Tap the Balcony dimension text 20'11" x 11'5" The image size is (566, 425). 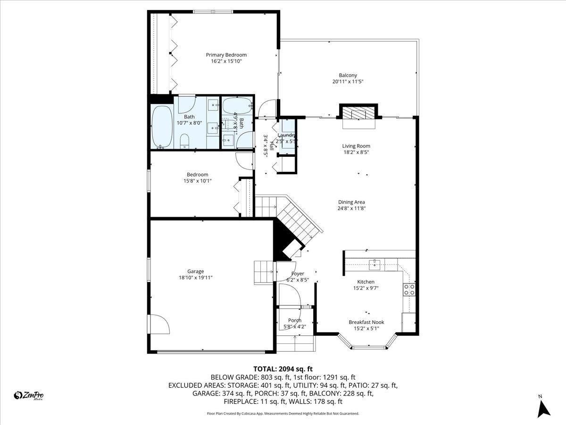coord(348,82)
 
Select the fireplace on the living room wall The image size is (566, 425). coord(359,113)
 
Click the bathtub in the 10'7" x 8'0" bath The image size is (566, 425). coord(162,126)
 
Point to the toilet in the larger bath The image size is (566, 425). coord(184,140)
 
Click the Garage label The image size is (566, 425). coord(195,271)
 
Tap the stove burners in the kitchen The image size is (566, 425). coord(409,289)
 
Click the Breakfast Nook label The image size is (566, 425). coord(366,322)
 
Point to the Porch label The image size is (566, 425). coord(295,320)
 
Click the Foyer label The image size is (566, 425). coord(298,273)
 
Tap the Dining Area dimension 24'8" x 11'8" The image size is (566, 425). coord(351,208)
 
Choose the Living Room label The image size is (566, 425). coord(356,146)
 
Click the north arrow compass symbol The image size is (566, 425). coord(544,408)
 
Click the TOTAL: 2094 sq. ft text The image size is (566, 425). coord(283,369)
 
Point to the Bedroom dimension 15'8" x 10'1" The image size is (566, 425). coord(197,181)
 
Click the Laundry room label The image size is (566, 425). coord(286,136)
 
